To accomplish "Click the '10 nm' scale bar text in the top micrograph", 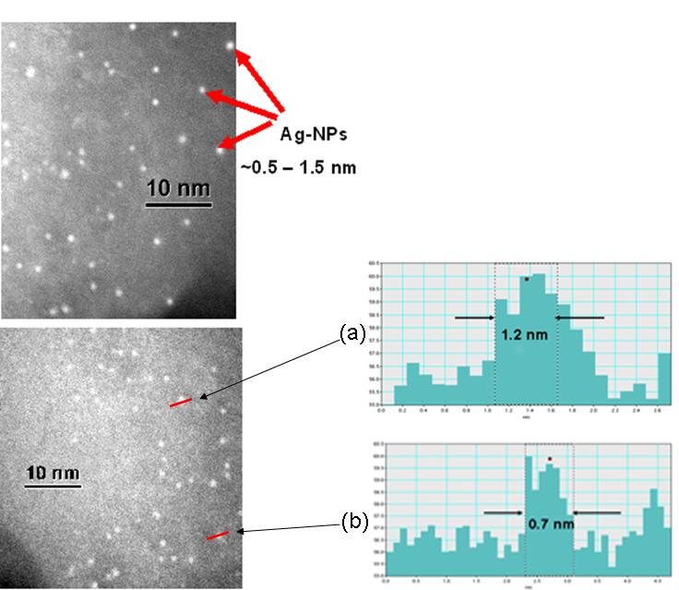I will (179, 188).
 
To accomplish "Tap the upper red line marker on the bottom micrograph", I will (181, 401).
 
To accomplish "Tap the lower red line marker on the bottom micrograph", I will (218, 535).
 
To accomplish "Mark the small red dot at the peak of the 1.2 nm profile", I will (526, 278).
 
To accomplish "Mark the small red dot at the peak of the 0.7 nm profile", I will (550, 459).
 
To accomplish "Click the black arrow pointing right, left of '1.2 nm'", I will (474, 318).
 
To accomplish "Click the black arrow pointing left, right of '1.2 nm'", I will (580, 318).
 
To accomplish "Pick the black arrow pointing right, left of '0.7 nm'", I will (503, 512).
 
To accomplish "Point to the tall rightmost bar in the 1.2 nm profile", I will (663, 379).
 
